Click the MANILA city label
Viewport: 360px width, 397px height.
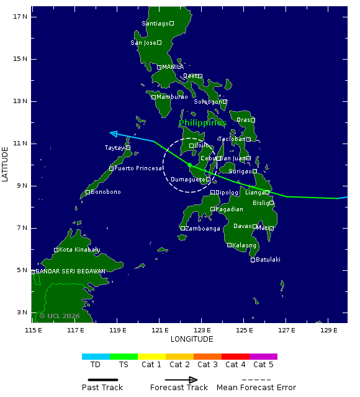(173, 67)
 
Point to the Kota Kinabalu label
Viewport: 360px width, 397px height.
(79, 250)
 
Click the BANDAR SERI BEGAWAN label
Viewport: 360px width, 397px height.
(71, 272)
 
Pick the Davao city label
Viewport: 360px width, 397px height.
(242, 226)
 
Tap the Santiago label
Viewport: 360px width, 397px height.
(155, 24)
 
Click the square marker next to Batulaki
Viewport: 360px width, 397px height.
(253, 260)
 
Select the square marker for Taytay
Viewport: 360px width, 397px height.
(128, 148)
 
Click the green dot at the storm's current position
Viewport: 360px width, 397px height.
(189, 165)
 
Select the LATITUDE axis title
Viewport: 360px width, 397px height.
(6, 164)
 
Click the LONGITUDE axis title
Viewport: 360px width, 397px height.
(192, 339)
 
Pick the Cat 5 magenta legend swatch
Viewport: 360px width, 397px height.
(263, 357)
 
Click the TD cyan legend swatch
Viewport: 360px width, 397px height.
(96, 357)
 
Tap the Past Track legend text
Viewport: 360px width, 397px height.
(102, 388)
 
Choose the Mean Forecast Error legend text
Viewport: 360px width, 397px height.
(256, 388)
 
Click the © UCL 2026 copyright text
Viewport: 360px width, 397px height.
(60, 316)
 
